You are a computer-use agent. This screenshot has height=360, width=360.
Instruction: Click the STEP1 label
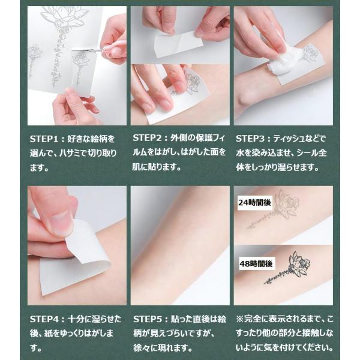[44, 139]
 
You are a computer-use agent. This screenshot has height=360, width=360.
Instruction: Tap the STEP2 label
[147, 138]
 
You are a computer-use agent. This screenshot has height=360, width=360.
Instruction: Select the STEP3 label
[250, 139]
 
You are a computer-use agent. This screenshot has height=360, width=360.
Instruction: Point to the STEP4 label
[44, 319]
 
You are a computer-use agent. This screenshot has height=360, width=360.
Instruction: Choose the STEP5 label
[148, 319]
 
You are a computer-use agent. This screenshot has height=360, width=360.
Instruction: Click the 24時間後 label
[254, 203]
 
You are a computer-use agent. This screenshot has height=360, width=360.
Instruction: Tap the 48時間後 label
[256, 264]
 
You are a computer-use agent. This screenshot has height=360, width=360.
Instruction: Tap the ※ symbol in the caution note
[239, 319]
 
